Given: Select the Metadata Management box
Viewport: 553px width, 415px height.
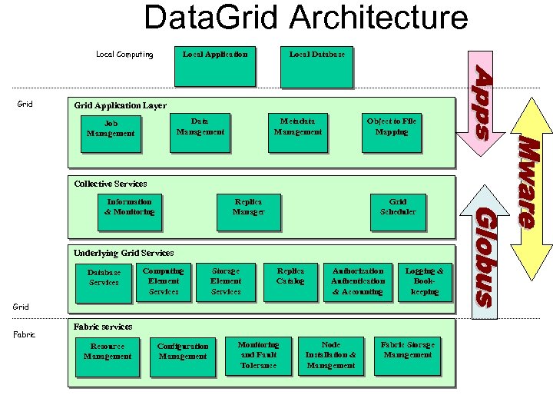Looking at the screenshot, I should (x=298, y=131).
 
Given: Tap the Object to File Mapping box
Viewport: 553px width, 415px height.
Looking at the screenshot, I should (x=391, y=131).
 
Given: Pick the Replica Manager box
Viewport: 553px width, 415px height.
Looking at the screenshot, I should (x=248, y=211).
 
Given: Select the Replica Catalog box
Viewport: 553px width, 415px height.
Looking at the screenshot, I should (x=290, y=281).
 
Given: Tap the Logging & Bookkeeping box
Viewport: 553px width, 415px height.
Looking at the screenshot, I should (x=424, y=281).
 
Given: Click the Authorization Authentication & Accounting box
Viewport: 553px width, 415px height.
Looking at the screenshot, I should (x=358, y=281).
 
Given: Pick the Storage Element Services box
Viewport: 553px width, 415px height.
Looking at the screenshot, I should (x=226, y=281).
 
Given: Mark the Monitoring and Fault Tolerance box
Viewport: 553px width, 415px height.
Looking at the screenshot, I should (x=258, y=356).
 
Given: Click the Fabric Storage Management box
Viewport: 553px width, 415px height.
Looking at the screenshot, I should (x=407, y=355).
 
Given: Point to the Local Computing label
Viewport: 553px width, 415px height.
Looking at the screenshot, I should (x=124, y=55).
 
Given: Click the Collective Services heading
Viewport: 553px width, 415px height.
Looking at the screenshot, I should (x=111, y=184).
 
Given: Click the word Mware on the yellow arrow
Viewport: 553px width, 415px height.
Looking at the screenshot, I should (x=528, y=182).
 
